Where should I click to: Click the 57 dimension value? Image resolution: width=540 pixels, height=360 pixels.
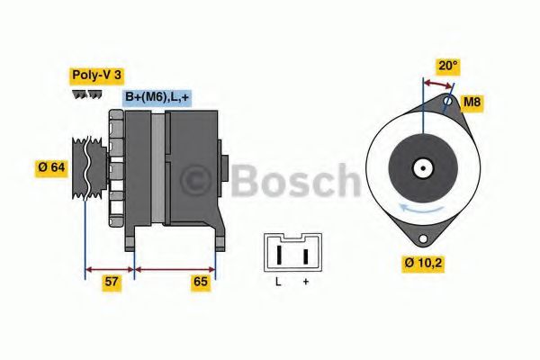pyautogui.click(x=112, y=283)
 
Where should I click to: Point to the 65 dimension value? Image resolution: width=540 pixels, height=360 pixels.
pyautogui.click(x=201, y=283)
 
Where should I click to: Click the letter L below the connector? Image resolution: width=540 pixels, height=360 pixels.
pyautogui.click(x=278, y=282)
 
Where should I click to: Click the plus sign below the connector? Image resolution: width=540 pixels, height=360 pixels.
pyautogui.click(x=305, y=282)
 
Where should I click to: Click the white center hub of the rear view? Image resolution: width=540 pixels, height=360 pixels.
pyautogui.click(x=421, y=167)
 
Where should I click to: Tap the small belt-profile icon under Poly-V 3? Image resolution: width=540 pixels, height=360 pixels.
pyautogui.click(x=86, y=94)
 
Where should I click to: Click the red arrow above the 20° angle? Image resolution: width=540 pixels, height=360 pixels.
pyautogui.click(x=438, y=84)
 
